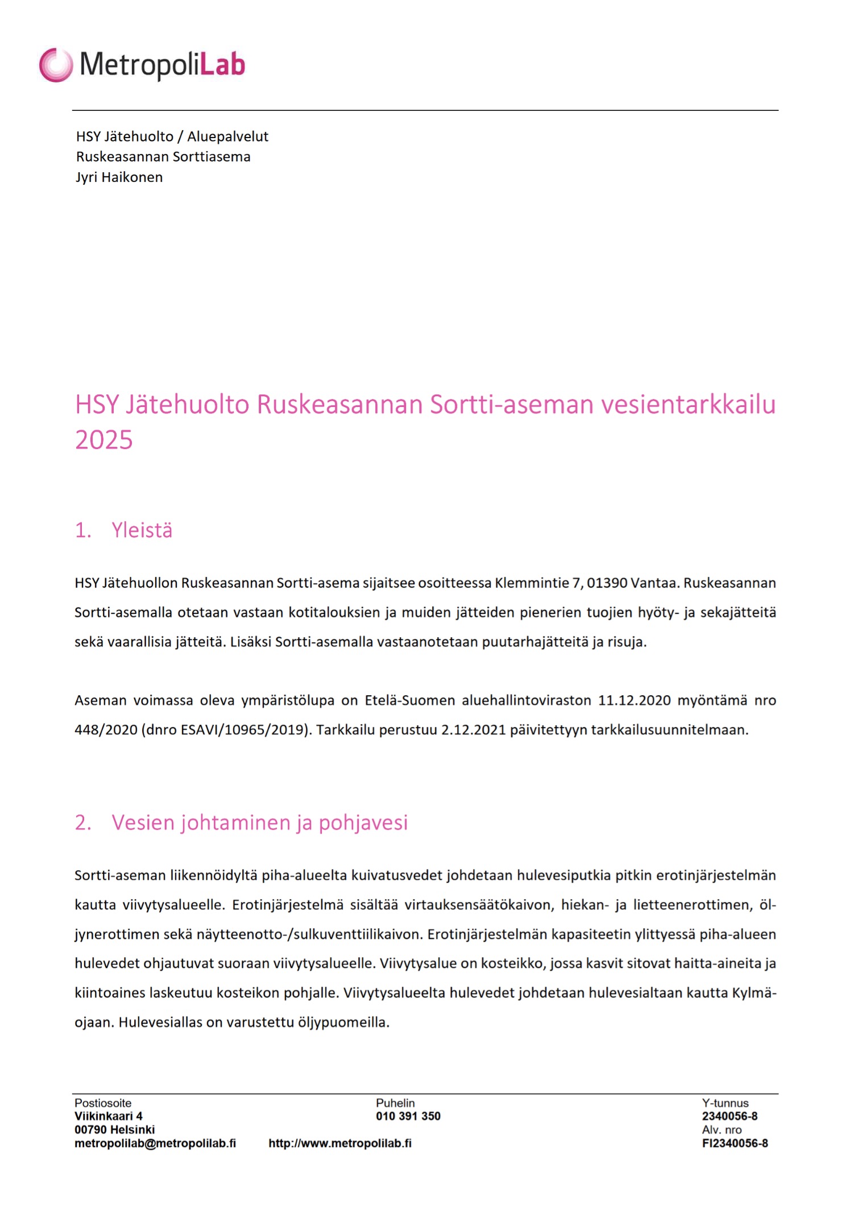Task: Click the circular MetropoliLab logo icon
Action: [56, 65]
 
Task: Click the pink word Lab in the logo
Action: [223, 64]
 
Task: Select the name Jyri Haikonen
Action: [119, 177]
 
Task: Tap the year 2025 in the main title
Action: [103, 440]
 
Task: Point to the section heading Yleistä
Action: [142, 530]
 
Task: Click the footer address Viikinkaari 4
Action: [109, 1116]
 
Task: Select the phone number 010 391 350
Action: [408, 1116]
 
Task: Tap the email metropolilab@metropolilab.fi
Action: [155, 1144]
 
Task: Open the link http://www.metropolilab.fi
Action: [340, 1144]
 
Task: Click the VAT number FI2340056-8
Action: [735, 1144]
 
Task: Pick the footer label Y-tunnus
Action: [725, 1103]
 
